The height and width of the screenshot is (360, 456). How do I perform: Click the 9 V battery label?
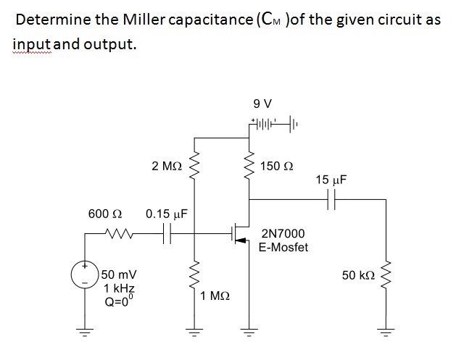pyautogui.click(x=262, y=104)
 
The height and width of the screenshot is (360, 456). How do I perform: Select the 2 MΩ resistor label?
pyautogui.click(x=167, y=166)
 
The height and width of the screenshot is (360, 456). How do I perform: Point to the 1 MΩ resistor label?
pyautogui.click(x=217, y=296)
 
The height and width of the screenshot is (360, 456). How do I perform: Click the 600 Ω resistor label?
pyautogui.click(x=104, y=215)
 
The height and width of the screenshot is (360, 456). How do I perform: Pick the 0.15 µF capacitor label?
pyautogui.click(x=167, y=215)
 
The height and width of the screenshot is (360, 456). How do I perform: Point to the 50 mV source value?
pyautogui.click(x=116, y=275)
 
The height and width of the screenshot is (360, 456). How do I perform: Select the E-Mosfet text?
pyautogui.click(x=283, y=248)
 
